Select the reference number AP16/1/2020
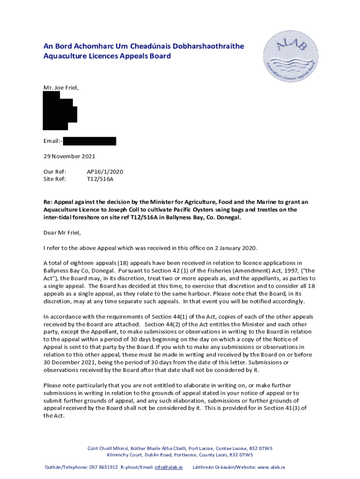105,172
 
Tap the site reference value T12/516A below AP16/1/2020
100,179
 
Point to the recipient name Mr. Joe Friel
61,87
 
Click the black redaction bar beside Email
89,141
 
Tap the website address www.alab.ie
271,467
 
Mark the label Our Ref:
55,172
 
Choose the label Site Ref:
55,179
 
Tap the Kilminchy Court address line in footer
180,455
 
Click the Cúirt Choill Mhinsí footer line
180,448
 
